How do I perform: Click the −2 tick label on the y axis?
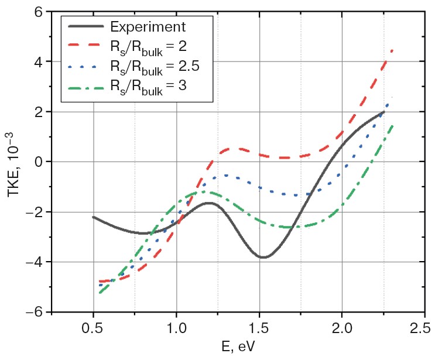(34, 212)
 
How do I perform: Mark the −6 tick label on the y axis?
(34, 312)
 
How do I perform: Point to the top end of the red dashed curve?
(392, 50)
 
